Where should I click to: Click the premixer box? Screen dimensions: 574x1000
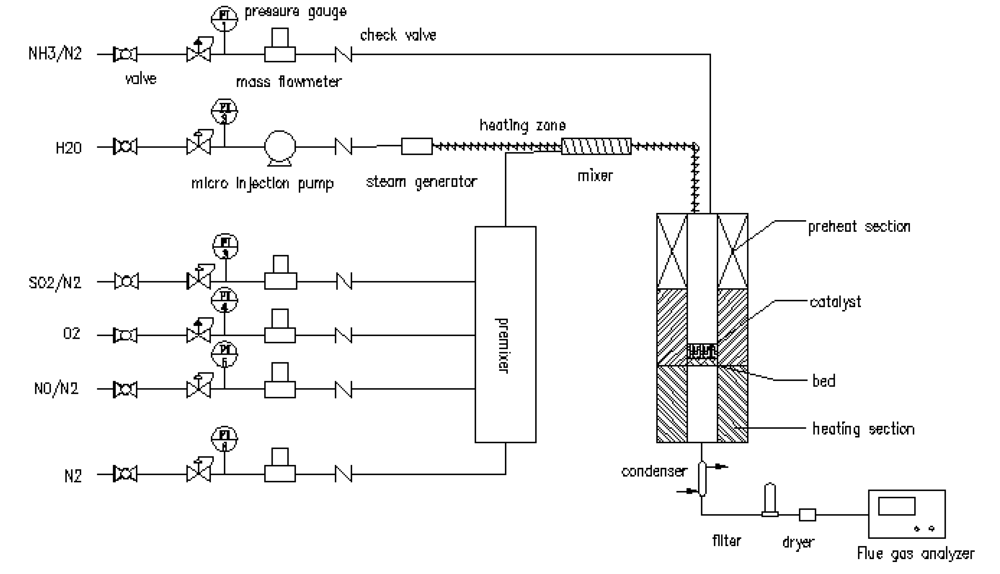point(505,334)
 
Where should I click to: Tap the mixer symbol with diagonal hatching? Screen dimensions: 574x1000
point(596,146)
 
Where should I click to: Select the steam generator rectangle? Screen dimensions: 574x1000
point(417,146)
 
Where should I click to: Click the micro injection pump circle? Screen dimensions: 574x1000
point(280,146)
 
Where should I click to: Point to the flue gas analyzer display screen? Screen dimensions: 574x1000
point(896,506)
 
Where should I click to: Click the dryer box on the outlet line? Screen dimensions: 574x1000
point(807,514)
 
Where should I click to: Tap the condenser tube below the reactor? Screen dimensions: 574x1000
point(702,478)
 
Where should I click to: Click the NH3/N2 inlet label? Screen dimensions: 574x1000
point(55,54)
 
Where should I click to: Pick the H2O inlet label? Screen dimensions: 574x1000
point(68,148)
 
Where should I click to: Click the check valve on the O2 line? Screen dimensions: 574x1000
point(343,335)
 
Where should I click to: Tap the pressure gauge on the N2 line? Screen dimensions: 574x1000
point(225,439)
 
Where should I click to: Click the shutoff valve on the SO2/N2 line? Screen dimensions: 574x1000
point(126,281)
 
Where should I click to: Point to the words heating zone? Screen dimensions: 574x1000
point(522,125)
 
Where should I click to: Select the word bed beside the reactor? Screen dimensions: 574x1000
point(824,381)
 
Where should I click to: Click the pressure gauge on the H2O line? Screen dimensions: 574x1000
point(225,111)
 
